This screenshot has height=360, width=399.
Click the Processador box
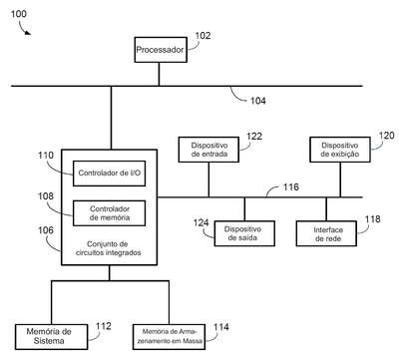[x=161, y=50]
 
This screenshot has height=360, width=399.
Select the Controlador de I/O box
[x=109, y=174]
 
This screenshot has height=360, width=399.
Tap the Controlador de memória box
[x=109, y=213]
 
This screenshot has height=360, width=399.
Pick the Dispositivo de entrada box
[x=208, y=150]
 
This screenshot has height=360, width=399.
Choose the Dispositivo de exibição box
[x=340, y=150]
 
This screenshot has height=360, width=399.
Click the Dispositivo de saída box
[x=244, y=233]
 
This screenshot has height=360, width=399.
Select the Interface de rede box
[x=326, y=233]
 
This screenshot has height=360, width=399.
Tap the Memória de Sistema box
[x=52, y=337]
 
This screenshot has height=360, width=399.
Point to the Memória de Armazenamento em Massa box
[x=169, y=337]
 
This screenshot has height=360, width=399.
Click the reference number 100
[x=19, y=14]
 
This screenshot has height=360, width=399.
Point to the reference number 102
[x=202, y=36]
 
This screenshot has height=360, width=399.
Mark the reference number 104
[x=258, y=101]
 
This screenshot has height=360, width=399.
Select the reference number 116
[x=291, y=186]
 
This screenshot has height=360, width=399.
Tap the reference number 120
[x=386, y=136]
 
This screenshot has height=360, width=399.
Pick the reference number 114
[x=220, y=327]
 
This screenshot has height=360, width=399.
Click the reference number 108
[x=46, y=196]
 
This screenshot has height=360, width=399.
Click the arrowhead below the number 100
[x=28, y=32]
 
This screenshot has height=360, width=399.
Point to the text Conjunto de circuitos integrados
[x=108, y=248]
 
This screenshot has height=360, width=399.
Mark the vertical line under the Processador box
[x=159, y=74]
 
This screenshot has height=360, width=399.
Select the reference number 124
[x=200, y=222]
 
